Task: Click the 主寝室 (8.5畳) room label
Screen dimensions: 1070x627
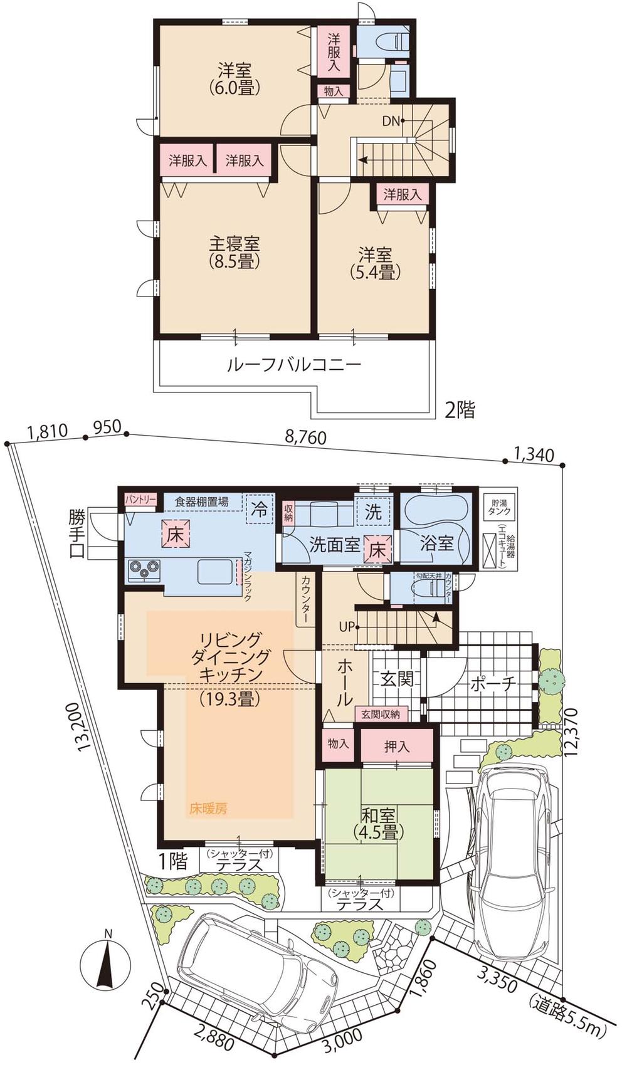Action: click(x=234, y=252)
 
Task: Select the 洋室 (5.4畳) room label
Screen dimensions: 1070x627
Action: click(x=375, y=263)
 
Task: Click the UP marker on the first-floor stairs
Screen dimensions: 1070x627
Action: click(x=347, y=626)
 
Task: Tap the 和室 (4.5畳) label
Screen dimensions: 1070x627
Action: click(x=378, y=824)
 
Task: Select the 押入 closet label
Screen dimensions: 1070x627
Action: click(x=396, y=747)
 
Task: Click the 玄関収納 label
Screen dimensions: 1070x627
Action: click(x=381, y=714)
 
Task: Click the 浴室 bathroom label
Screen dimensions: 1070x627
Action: click(x=436, y=543)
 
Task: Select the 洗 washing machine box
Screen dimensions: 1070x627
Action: click(x=374, y=511)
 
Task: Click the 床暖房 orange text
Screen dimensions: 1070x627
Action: click(x=208, y=809)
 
